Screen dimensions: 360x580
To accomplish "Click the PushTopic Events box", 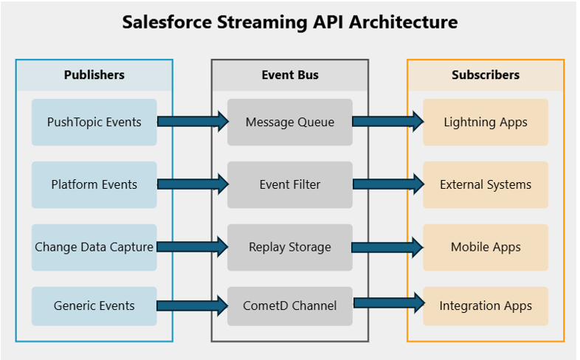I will pos(94,122).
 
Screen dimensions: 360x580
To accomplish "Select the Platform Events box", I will pos(94,184).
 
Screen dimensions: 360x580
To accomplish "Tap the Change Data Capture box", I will pos(94,247).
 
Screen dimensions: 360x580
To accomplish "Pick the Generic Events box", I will pos(94,305).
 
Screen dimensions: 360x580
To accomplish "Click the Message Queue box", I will pos(290,122).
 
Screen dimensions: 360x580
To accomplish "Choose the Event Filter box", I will pos(290,184).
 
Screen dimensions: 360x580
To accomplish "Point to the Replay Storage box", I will pos(290,247).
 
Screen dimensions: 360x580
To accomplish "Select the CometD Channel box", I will pos(290,305).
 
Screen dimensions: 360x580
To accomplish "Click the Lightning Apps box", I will pos(486,122).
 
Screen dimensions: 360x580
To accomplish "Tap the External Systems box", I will pos(486,184).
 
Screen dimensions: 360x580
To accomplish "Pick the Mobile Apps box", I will pos(486,247).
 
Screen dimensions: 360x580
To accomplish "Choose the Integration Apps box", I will pos(486,305).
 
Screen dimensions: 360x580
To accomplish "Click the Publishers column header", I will pos(94,75).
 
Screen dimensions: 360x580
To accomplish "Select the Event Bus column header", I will pos(290,75).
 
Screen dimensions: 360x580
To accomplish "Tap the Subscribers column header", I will pos(486,75).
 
